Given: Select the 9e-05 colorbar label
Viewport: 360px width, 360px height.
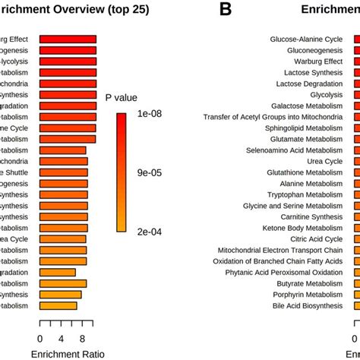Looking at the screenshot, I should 144,173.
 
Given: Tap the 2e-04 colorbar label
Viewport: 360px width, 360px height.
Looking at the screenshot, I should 144,232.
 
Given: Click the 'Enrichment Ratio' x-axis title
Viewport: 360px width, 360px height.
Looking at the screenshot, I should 68,353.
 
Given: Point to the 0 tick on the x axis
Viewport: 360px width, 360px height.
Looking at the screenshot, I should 39,339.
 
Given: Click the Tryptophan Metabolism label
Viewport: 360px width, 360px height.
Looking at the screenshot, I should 305,194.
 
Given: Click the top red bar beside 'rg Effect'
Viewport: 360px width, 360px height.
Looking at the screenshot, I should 68,39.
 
